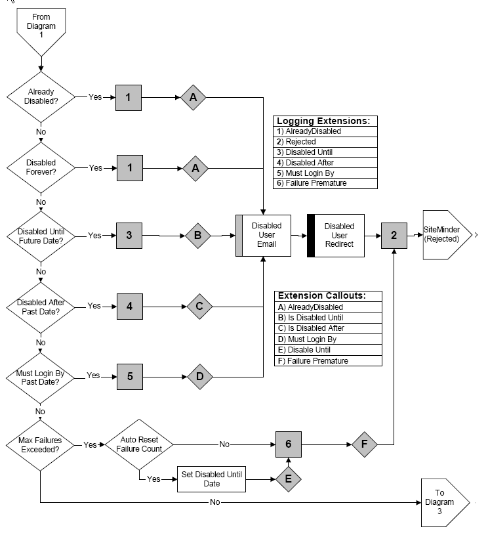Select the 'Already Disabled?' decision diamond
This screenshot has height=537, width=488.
41,97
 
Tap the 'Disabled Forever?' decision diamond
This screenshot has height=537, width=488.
41,167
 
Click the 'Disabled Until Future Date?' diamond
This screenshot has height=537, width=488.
41,235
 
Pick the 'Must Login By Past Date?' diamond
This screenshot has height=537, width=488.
41,376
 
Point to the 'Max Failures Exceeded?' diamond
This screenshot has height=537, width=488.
41,444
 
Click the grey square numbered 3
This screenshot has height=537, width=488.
130,235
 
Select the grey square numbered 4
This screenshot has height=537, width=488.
130,306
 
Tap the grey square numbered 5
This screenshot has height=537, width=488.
130,376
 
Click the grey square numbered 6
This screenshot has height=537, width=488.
289,444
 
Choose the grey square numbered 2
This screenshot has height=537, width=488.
394,235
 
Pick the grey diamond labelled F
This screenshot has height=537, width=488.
365,444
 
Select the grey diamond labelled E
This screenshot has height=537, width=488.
289,479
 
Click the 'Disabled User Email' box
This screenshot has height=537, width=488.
263,235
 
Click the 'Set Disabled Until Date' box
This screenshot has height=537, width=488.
211,479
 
